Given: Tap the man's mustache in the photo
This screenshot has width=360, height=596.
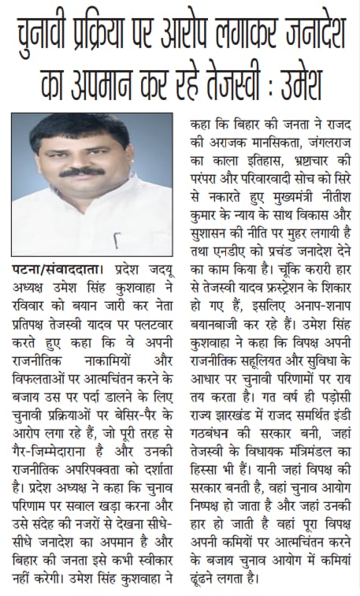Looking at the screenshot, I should [x=81, y=170].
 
